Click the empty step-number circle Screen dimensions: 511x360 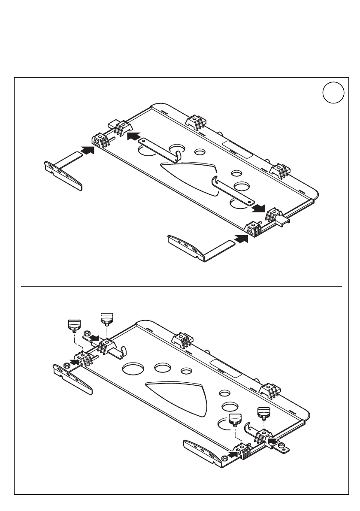(333, 94)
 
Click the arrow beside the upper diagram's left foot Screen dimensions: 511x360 (88, 150)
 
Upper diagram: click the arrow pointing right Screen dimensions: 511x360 (258, 208)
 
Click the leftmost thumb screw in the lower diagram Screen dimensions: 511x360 (75, 325)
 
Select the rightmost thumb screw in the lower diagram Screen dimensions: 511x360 (263, 414)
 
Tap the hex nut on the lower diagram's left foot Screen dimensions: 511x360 (67, 365)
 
